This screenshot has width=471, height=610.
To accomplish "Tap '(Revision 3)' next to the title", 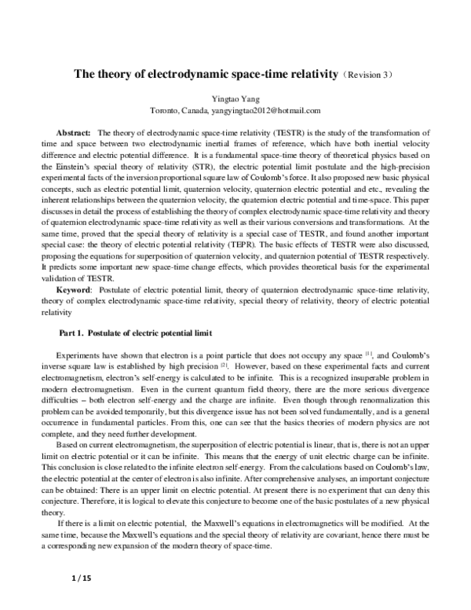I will click(374, 75).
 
